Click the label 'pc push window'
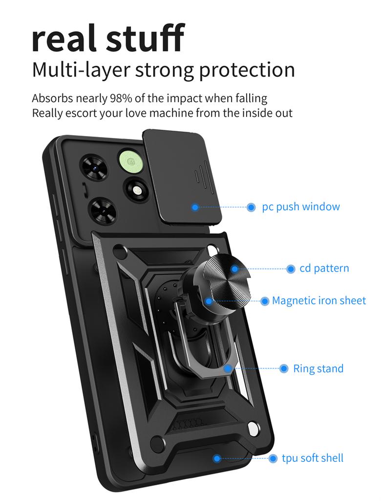tap(300, 206)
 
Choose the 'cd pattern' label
tap(324, 268)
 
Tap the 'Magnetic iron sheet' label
tap(318, 300)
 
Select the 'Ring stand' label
tap(318, 368)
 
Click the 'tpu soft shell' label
tap(312, 458)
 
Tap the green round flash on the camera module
tap(130, 161)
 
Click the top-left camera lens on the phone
tap(94, 167)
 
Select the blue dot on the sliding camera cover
tap(195, 207)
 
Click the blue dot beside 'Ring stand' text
tap(284, 368)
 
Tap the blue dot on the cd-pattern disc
tap(234, 269)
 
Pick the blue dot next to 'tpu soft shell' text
tap(273, 458)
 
